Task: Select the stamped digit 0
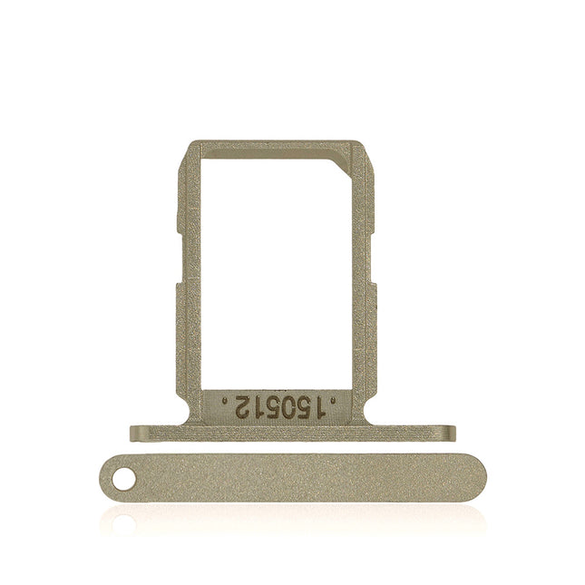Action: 288,407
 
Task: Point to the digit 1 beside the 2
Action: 259,407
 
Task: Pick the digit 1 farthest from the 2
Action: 320,407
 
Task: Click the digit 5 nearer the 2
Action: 273,407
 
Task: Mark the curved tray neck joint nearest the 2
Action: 193,418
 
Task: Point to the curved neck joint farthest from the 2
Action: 365,418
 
